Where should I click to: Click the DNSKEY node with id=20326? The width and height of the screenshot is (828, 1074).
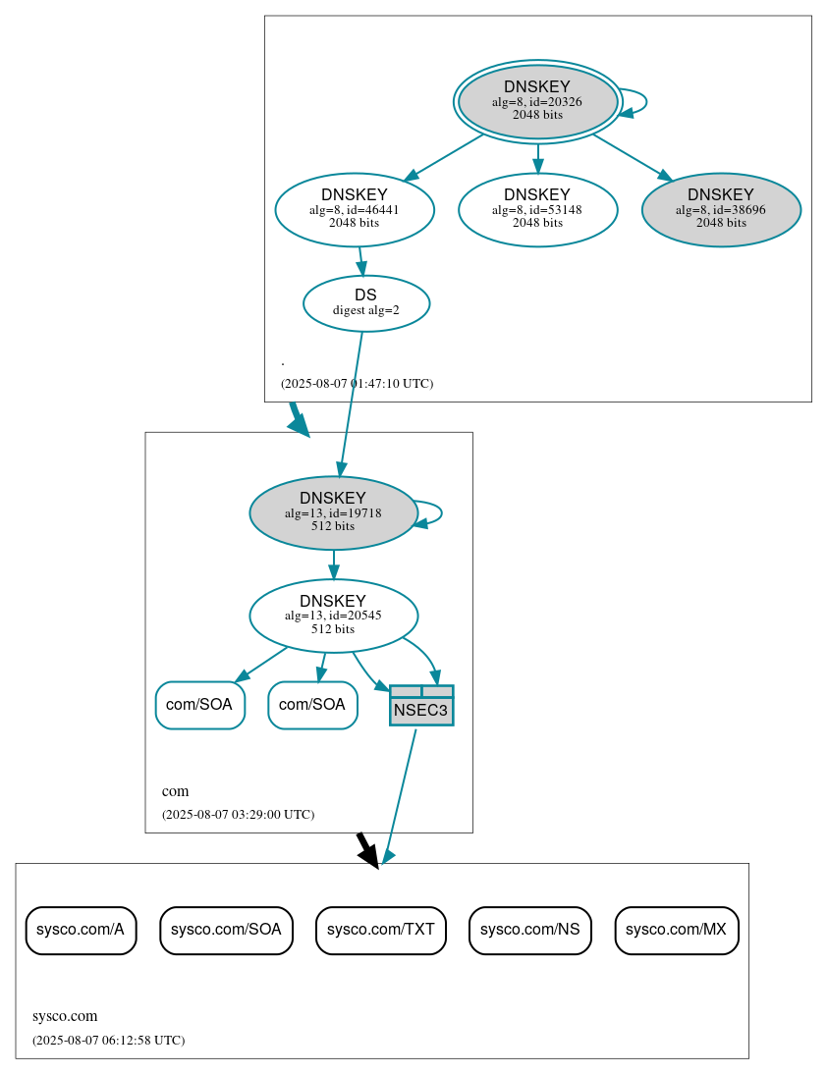point(537,101)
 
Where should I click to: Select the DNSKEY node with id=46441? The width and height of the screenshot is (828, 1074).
point(355,209)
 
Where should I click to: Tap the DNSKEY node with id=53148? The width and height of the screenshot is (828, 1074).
point(537,209)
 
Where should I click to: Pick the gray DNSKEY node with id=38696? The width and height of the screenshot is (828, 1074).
point(721,209)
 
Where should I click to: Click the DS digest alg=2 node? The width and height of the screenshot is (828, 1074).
point(365,303)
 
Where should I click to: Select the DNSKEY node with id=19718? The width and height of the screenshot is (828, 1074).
point(333,512)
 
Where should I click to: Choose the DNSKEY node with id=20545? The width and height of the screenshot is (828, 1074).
point(333,616)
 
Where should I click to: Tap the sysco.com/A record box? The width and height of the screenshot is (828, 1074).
point(81,930)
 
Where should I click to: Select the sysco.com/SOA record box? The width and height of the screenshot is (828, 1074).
point(226,930)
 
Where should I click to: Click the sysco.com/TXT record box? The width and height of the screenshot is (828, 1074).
point(381,930)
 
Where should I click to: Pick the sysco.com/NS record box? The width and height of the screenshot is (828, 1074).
point(529,930)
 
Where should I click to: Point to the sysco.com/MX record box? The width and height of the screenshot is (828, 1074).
point(677,930)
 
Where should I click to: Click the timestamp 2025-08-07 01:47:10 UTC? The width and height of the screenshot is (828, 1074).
point(357,384)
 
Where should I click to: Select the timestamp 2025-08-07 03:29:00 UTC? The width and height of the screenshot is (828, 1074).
point(238,815)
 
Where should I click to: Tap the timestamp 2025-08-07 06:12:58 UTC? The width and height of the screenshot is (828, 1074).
point(108,1040)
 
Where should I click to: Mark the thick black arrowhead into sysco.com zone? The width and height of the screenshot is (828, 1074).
point(368,857)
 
